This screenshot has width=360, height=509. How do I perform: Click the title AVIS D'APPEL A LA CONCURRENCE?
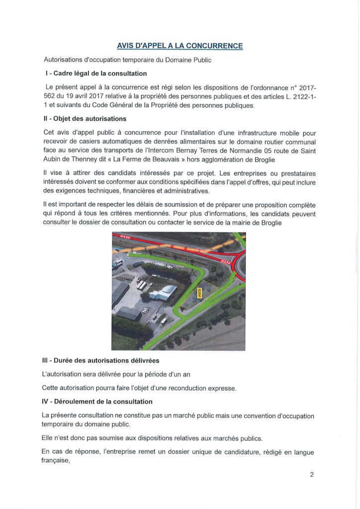(180, 46)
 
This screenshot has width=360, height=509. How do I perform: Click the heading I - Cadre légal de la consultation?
(96, 74)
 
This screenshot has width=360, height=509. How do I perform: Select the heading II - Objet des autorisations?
(86, 119)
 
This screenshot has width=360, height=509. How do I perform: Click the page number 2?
(312, 474)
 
